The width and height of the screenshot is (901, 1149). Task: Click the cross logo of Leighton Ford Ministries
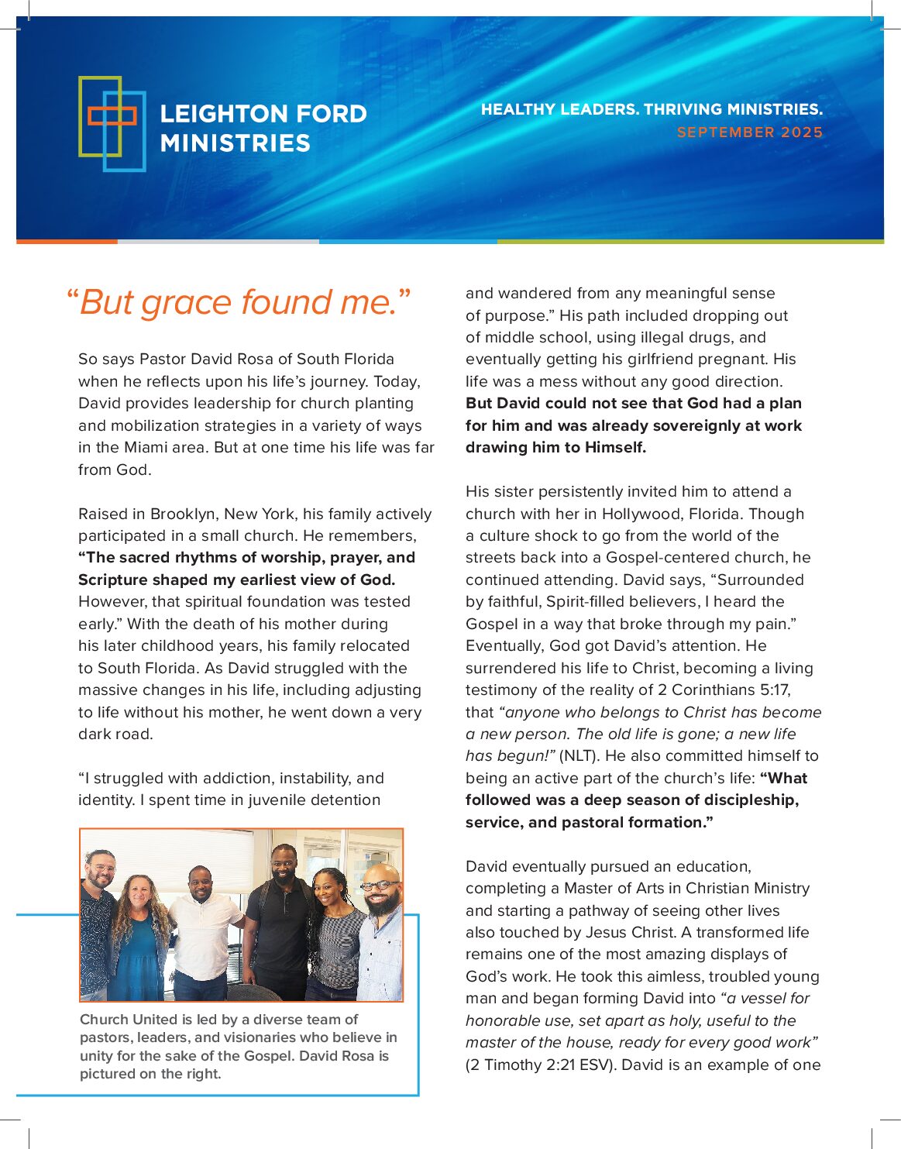pos(112,123)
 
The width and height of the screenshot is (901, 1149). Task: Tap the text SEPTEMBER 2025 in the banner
pos(749,132)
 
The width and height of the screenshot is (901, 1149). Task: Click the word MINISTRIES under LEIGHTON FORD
pos(235,143)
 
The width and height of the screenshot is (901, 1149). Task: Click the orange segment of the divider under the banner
pos(67,241)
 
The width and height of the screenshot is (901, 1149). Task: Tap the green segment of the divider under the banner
pos(690,241)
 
